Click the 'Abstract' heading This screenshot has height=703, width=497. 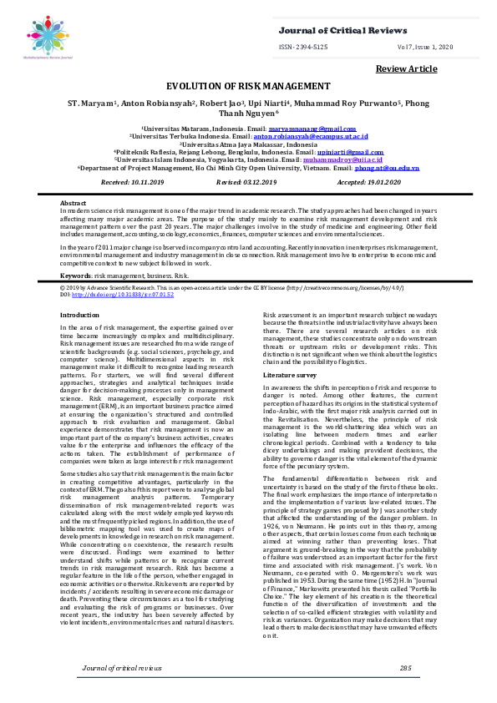(x=74, y=204)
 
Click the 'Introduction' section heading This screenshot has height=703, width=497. (x=80, y=314)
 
